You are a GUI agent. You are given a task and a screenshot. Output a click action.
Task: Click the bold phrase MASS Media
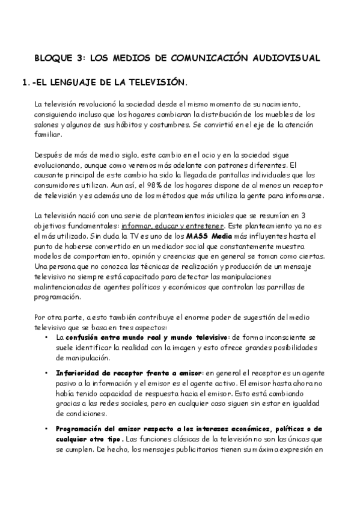[x=206, y=236]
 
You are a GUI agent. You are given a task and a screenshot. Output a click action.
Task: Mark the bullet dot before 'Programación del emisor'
[x=47, y=429]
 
